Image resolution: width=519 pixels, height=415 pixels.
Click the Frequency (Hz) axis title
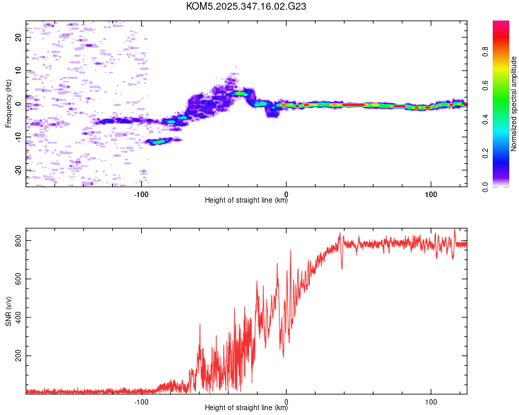point(8,104)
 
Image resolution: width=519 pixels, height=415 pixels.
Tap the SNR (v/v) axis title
point(8,311)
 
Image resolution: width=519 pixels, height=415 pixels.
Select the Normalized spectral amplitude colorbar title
point(514,104)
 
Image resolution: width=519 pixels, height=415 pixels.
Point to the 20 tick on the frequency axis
point(19,37)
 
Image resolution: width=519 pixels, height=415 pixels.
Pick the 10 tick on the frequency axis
point(19,71)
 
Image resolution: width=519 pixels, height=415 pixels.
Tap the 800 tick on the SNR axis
point(19,240)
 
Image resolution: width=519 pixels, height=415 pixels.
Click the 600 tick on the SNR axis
point(19,278)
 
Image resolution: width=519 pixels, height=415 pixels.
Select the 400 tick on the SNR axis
point(19,317)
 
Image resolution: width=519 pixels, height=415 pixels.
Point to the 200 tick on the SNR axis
point(19,356)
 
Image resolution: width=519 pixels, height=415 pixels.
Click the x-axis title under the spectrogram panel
point(246,201)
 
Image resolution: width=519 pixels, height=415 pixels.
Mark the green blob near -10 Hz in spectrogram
point(159,141)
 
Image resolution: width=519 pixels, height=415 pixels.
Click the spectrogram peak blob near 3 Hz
point(240,93)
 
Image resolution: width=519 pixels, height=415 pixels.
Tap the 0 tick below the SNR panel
point(286,400)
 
